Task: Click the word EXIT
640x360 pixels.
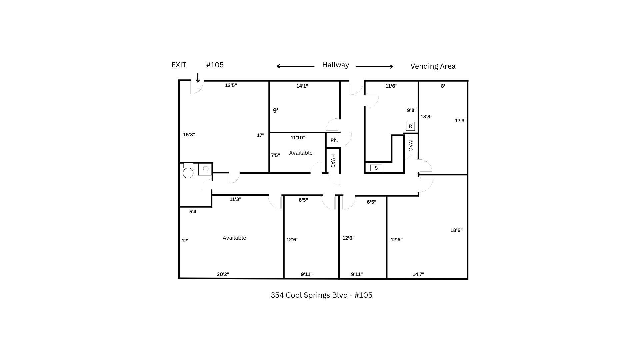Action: pyautogui.click(x=179, y=65)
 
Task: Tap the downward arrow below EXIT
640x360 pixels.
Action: pyautogui.click(x=198, y=78)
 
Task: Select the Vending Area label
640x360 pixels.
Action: pyautogui.click(x=433, y=66)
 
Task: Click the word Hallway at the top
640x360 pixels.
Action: pyautogui.click(x=335, y=65)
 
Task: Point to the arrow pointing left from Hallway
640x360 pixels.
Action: pyautogui.click(x=295, y=66)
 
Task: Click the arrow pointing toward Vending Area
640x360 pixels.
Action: pyautogui.click(x=374, y=67)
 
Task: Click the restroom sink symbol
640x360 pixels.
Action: pyautogui.click(x=205, y=169)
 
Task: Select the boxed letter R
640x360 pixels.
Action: pyautogui.click(x=410, y=126)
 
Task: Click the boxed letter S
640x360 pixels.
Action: pyautogui.click(x=376, y=168)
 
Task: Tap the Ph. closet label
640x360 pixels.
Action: pyautogui.click(x=334, y=140)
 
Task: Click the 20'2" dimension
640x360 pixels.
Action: pyautogui.click(x=223, y=274)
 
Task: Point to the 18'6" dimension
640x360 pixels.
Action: pyautogui.click(x=456, y=230)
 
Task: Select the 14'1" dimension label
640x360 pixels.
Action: pyautogui.click(x=302, y=86)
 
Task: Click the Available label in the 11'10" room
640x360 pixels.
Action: pyautogui.click(x=301, y=153)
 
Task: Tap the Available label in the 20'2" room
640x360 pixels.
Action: pyautogui.click(x=234, y=238)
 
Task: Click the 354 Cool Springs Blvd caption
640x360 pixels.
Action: pyautogui.click(x=321, y=295)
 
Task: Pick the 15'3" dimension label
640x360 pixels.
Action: pyautogui.click(x=189, y=135)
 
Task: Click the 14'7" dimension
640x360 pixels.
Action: pyautogui.click(x=418, y=274)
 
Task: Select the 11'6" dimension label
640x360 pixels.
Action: pyautogui.click(x=391, y=86)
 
